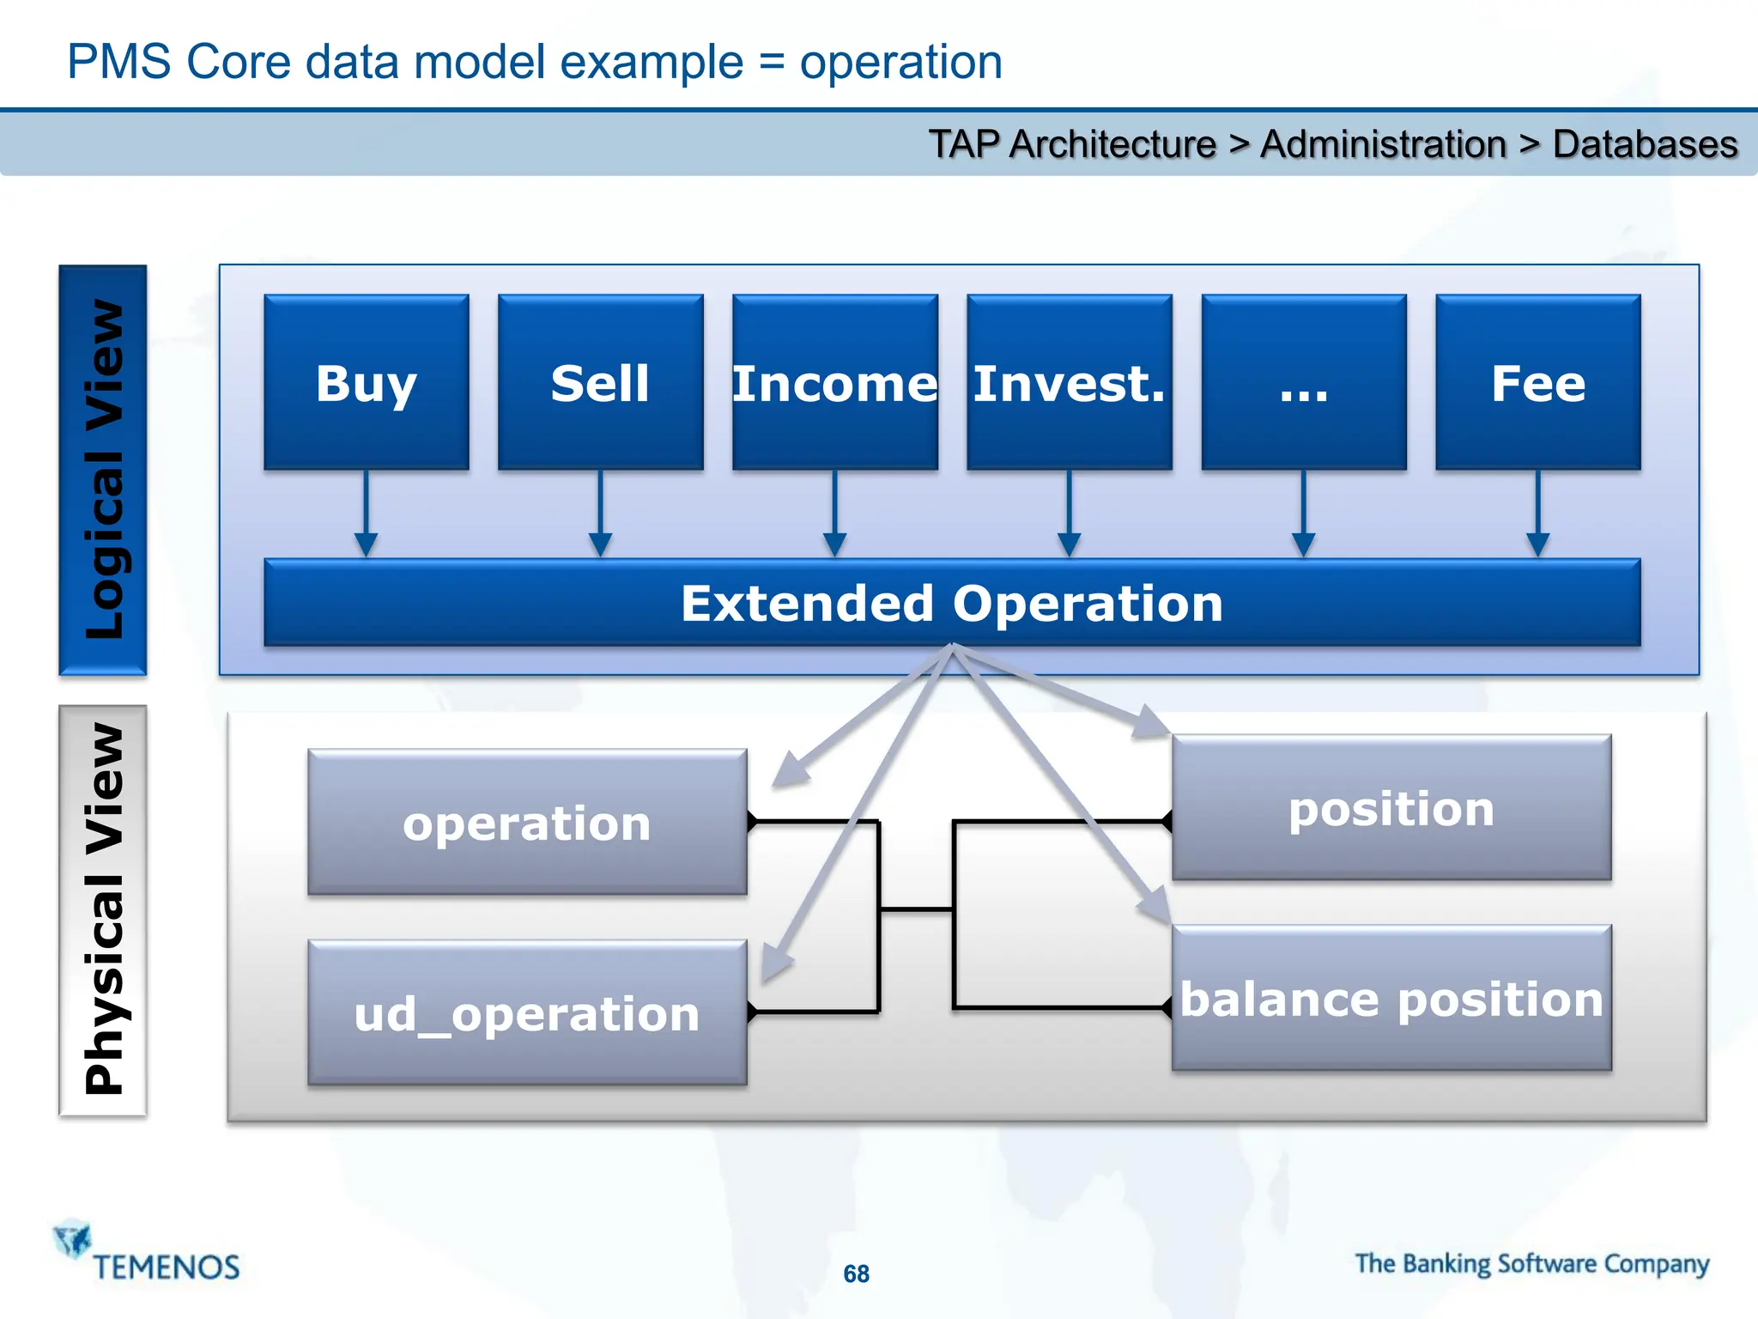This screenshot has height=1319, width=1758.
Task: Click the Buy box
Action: pyautogui.click(x=367, y=382)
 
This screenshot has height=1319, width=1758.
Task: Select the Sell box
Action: pyautogui.click(x=600, y=382)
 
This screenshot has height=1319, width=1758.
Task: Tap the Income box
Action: pyautogui.click(x=834, y=382)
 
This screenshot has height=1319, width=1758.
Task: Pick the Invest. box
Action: pyautogui.click(x=1069, y=382)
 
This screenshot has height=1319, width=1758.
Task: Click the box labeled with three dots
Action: pyautogui.click(x=1303, y=382)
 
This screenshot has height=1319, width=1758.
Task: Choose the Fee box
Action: pyautogui.click(x=1537, y=382)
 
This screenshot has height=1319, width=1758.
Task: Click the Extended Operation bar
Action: pyautogui.click(x=951, y=603)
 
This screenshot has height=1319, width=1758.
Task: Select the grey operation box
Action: pyautogui.click(x=527, y=823)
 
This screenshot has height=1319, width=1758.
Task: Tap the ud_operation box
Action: pyautogui.click(x=527, y=1013)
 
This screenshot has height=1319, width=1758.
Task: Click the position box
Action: pyautogui.click(x=1391, y=808)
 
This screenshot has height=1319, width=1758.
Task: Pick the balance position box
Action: pyautogui.click(x=1391, y=999)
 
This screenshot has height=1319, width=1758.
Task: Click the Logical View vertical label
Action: pyautogui.click(x=103, y=470)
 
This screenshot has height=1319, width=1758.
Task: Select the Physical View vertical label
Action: pyautogui.click(x=103, y=910)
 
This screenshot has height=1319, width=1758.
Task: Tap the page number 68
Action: pyautogui.click(x=856, y=1273)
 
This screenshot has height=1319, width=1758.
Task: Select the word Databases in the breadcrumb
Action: pyautogui.click(x=1645, y=144)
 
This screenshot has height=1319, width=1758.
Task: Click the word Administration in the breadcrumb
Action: pyautogui.click(x=1383, y=144)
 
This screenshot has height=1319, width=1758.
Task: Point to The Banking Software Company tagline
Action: pyautogui.click(x=1531, y=1264)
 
